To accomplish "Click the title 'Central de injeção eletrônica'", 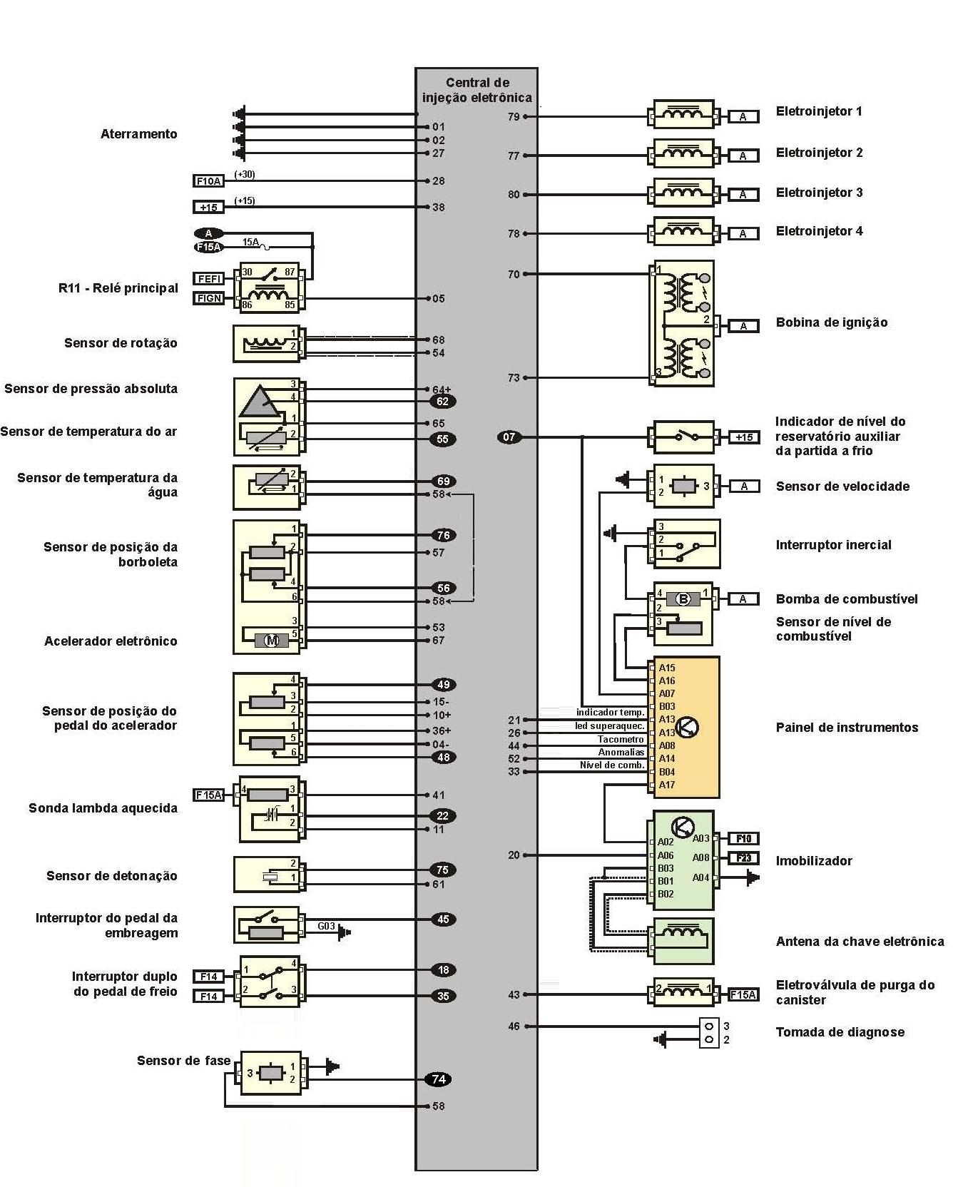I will pos(476,90).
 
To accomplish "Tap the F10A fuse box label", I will pos(208,181).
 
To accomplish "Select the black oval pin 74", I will pos(439,1079).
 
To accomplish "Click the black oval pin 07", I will pos(509,437).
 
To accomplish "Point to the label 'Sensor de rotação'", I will pos(121,343).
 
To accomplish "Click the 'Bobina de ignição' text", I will pos(832,322).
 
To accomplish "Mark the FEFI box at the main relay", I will pos(209,279).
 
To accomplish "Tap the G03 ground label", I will pos(326,926).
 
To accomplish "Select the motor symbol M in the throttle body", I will pos(272,641).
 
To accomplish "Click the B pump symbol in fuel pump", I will pos(683,599).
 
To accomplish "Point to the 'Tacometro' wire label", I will pos(621,740).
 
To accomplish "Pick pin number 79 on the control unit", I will pos(514,116).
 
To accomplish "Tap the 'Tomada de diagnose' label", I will pos(840,1032).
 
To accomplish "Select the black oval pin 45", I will pos(443,919).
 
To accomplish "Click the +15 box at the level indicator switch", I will pos(743,437).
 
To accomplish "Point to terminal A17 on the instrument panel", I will pos(667,785).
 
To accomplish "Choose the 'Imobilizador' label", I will pos(814,861).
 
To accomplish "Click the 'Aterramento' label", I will pos(138,134).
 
